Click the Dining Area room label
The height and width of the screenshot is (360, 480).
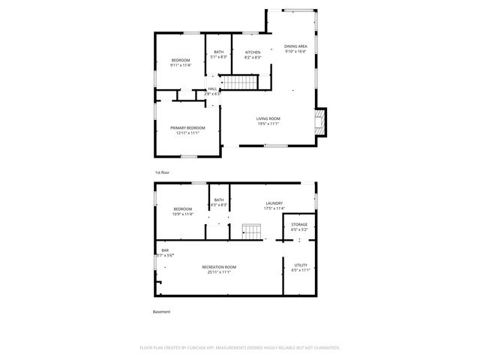[295, 46]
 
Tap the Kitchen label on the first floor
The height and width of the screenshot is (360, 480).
[253, 52]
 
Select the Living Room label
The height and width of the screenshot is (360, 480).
[268, 118]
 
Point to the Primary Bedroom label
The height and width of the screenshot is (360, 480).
[187, 128]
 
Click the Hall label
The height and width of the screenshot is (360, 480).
[212, 88]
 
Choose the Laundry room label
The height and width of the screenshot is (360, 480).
[274, 203]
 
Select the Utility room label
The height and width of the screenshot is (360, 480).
[300, 265]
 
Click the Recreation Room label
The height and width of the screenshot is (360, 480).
[219, 267]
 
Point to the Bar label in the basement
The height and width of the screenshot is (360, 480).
[164, 250]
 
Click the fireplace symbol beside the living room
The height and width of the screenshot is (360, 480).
[320, 122]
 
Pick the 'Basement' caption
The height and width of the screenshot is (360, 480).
[162, 311]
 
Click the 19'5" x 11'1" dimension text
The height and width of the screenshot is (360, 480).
[268, 124]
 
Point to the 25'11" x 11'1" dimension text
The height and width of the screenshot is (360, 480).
[219, 272]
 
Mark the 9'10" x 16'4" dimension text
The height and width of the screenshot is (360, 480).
[295, 52]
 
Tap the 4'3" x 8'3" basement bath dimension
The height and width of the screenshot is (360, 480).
[219, 205]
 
